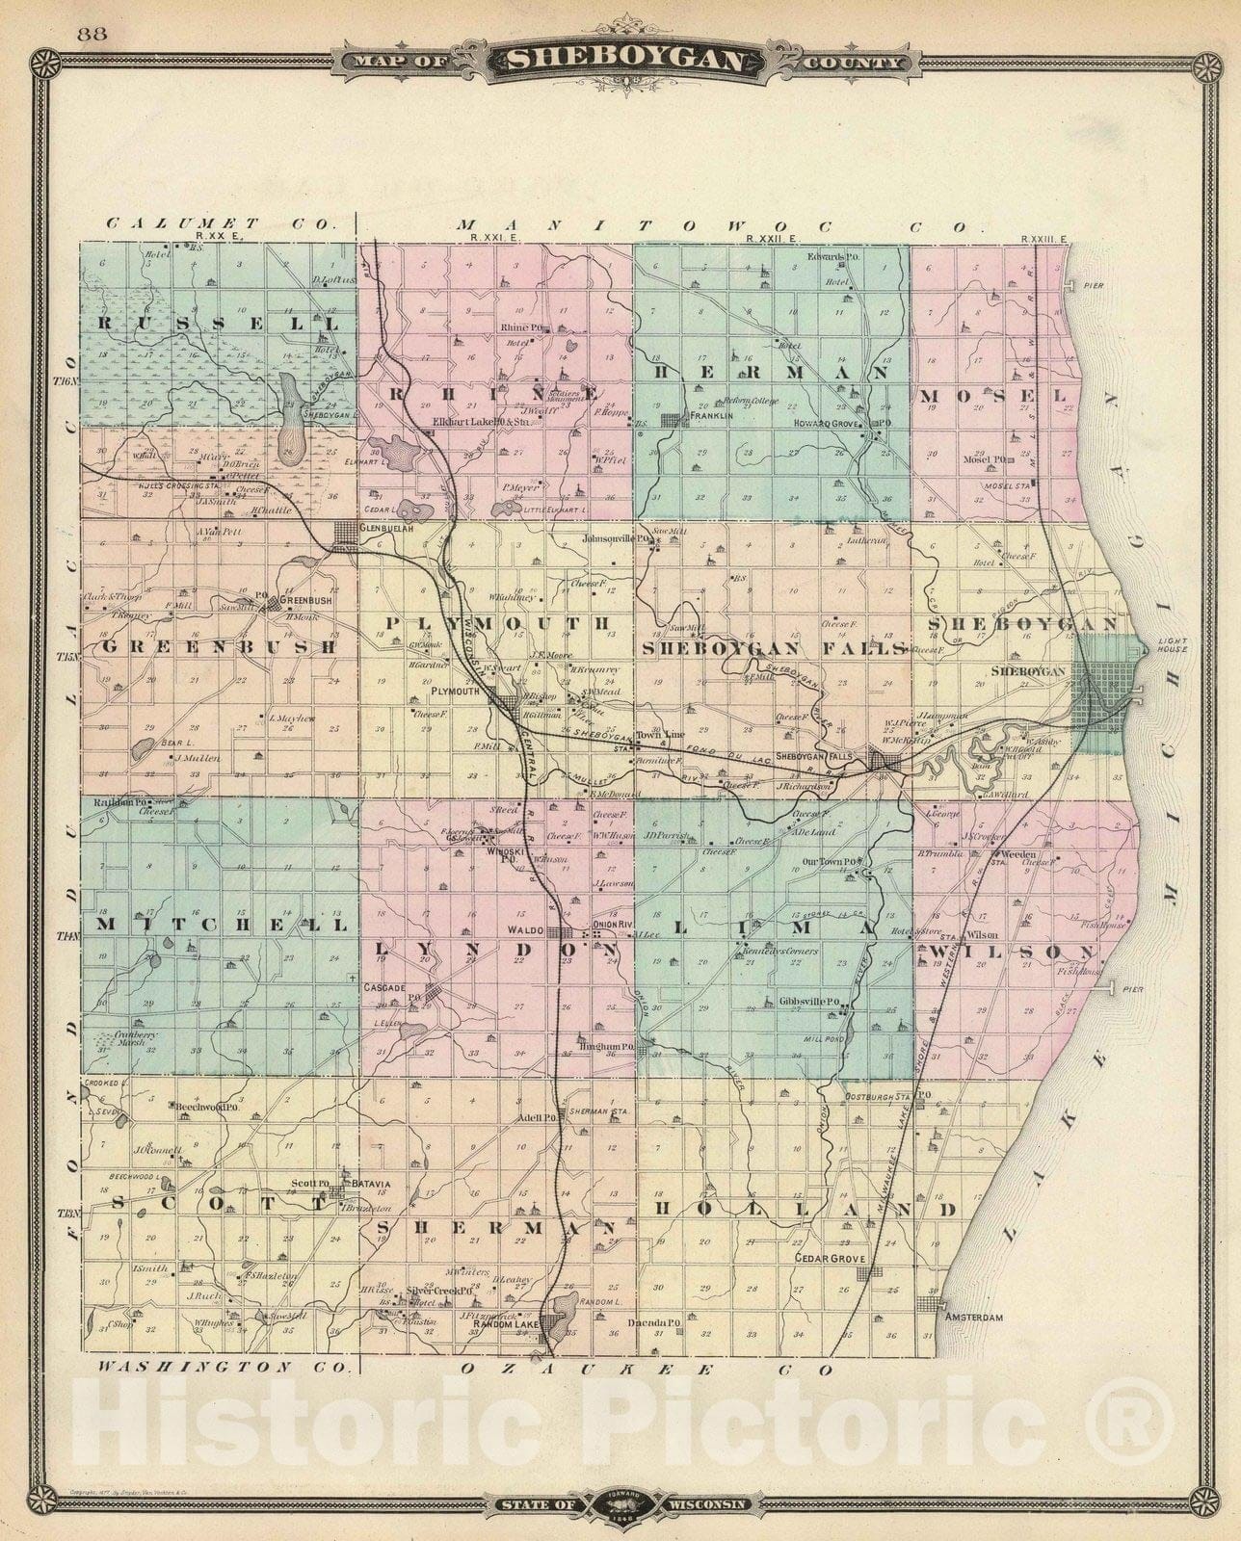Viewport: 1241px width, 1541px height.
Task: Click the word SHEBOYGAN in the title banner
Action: (626, 62)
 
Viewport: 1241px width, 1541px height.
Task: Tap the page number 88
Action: (93, 35)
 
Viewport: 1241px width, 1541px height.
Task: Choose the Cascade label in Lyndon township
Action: (383, 987)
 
